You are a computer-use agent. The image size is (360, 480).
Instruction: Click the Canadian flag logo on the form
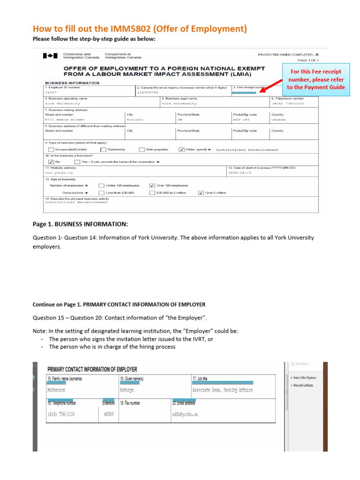[x=48, y=56]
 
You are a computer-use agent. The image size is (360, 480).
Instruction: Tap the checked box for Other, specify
[x=181, y=150]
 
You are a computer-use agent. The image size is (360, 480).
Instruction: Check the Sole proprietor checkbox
[x=142, y=150]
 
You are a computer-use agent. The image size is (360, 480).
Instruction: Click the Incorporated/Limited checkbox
[x=51, y=150]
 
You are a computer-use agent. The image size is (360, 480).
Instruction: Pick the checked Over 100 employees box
[x=151, y=186]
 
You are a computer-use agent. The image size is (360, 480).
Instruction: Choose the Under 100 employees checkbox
[x=101, y=186]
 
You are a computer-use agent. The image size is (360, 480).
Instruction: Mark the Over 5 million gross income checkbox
[x=201, y=193]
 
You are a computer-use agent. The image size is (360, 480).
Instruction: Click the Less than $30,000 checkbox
[x=101, y=193]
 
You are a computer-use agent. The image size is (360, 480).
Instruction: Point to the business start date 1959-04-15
[x=240, y=172]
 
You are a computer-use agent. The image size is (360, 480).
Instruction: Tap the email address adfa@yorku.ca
[x=185, y=414]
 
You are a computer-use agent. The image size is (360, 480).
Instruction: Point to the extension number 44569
[x=108, y=414]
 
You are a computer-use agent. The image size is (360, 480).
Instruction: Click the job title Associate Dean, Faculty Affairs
[x=222, y=390]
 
